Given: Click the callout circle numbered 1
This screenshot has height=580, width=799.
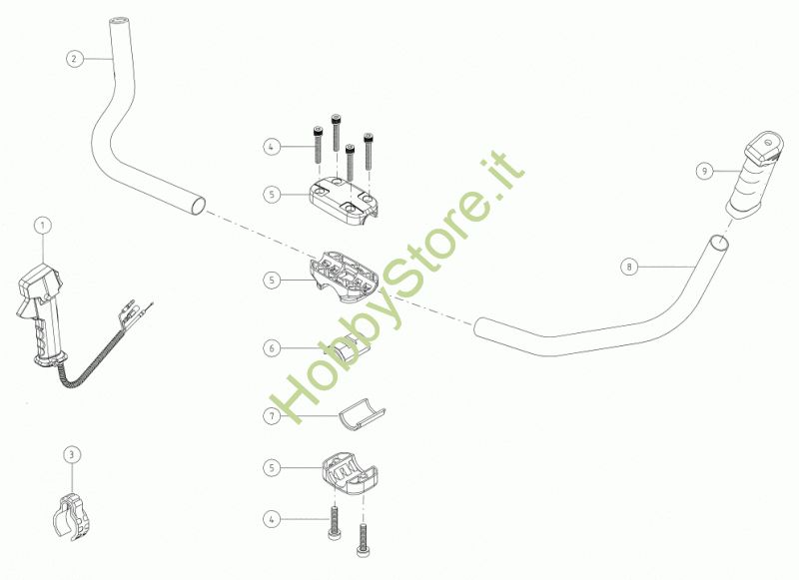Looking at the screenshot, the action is pyautogui.click(x=42, y=227).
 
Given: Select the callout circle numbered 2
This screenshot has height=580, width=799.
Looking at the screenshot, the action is pyautogui.click(x=73, y=58).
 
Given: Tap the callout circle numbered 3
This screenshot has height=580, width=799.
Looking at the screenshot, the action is pyautogui.click(x=71, y=455).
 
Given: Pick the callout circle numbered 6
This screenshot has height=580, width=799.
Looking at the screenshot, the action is pyautogui.click(x=272, y=348).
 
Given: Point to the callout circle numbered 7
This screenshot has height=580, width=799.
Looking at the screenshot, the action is pyautogui.click(x=272, y=414).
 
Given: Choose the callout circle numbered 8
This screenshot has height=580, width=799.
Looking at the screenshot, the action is pyautogui.click(x=628, y=267).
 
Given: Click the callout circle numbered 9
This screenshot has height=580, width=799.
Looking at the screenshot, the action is pyautogui.click(x=704, y=171).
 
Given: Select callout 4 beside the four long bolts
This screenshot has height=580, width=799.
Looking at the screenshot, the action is pyautogui.click(x=272, y=147).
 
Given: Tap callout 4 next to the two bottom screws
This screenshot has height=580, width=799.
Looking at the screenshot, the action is pyautogui.click(x=272, y=518).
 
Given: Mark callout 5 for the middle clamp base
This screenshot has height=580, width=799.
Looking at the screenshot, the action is pyautogui.click(x=272, y=282).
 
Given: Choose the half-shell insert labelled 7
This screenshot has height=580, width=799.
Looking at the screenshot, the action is pyautogui.click(x=360, y=415).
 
